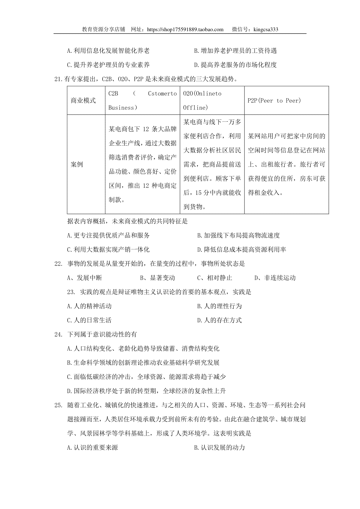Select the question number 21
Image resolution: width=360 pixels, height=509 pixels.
pos(58,79)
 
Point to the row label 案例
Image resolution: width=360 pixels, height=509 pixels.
pos(77,164)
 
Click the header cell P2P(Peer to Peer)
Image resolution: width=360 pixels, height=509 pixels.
pos(274,100)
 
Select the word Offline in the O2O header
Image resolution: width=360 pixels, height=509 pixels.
pos(195,108)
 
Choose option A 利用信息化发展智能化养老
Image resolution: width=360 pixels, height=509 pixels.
pos(108,51)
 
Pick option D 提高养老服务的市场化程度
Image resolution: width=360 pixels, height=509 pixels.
pos(235,65)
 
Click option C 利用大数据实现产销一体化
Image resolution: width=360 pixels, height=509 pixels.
pos(108,249)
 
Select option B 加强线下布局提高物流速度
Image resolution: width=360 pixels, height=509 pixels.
pos(238,235)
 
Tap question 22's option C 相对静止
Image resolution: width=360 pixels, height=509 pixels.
pos(214,278)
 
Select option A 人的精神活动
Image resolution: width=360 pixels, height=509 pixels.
pos(89,306)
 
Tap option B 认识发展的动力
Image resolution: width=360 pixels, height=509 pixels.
pos(220,448)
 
